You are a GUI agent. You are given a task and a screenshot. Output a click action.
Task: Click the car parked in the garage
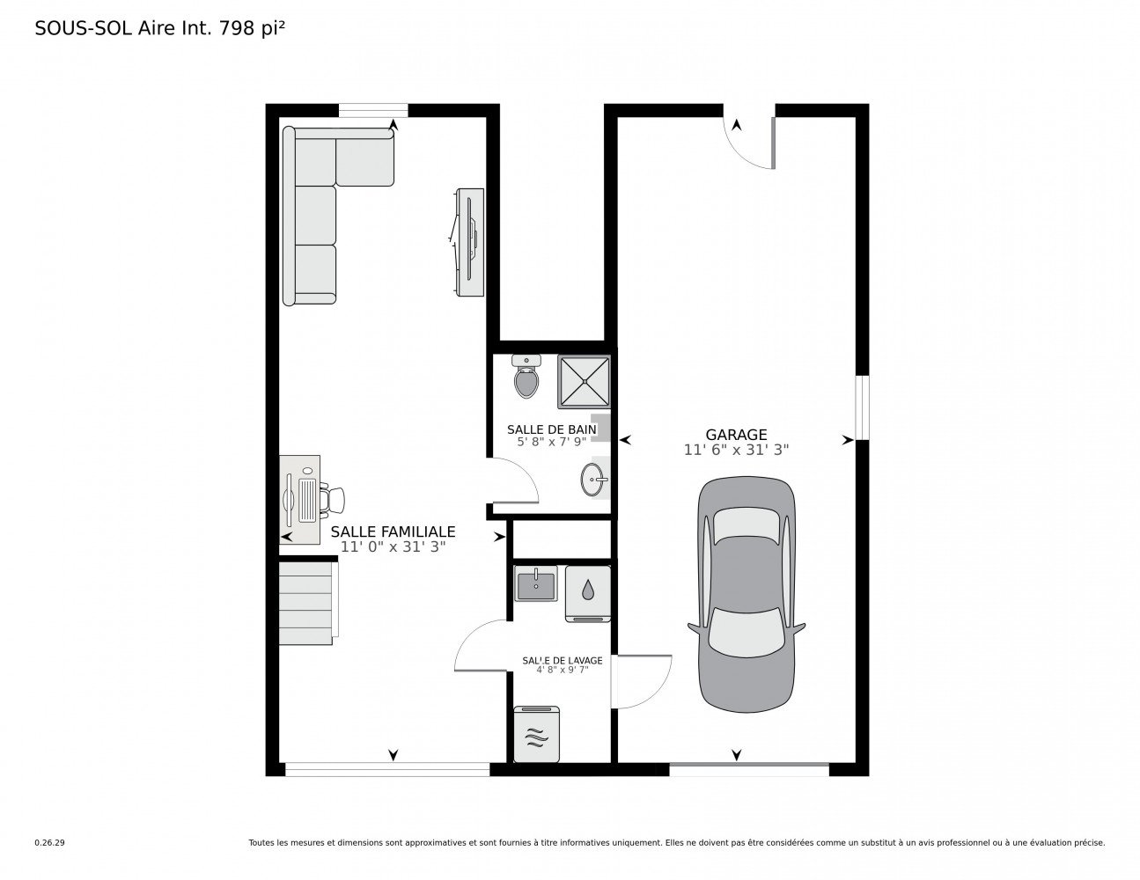pos(747,596)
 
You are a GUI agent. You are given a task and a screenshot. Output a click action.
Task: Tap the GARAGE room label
pos(736,435)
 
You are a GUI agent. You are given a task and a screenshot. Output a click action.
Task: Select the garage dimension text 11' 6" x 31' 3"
pos(736,450)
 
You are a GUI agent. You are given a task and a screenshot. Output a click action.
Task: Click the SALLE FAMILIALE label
pos(393,532)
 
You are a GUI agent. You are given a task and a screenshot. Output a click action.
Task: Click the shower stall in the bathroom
pos(584,381)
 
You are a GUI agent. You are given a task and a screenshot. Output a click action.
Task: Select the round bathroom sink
pos(592,480)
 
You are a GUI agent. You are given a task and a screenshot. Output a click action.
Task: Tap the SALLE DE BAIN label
pos(551,429)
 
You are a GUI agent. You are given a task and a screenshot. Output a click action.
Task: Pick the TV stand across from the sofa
pos(469,242)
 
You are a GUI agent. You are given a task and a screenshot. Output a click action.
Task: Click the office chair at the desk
pos(335,499)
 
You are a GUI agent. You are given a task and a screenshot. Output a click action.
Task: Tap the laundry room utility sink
pos(535,584)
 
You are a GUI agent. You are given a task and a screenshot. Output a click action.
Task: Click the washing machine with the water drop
pos(587,590)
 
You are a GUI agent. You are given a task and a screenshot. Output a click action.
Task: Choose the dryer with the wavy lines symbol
pos(536,733)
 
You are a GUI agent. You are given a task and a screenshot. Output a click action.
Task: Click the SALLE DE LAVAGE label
pos(562,660)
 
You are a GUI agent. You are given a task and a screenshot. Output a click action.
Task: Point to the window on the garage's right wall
pos(862,407)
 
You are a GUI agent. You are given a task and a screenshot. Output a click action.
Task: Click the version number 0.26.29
pos(49,842)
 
